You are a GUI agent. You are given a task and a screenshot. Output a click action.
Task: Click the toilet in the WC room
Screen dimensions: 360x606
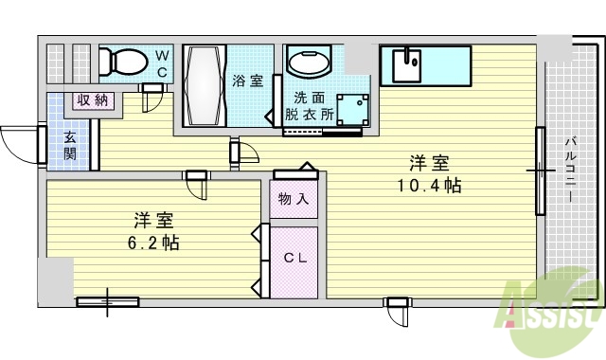122,63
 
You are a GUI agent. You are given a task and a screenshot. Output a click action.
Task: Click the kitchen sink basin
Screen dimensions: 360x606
410,63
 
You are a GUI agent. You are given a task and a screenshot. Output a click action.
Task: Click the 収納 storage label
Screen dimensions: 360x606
92,99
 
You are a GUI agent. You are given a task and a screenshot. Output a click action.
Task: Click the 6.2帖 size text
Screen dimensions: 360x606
156,242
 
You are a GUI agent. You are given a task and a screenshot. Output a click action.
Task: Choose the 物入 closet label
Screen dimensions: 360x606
294,199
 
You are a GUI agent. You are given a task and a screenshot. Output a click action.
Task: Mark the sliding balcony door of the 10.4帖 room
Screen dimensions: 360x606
541,171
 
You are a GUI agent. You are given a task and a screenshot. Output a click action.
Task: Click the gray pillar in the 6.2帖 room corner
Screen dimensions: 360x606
55,279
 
